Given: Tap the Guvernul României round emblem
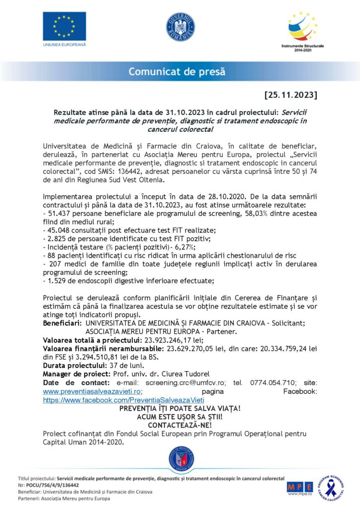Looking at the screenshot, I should click(180, 27).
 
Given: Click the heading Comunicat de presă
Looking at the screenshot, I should click(177, 72).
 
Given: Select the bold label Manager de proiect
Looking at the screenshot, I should click(74, 374).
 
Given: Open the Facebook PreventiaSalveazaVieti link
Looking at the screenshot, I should click(124, 399).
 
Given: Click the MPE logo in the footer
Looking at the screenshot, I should click(300, 486).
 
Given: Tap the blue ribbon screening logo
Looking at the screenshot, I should click(331, 486).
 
